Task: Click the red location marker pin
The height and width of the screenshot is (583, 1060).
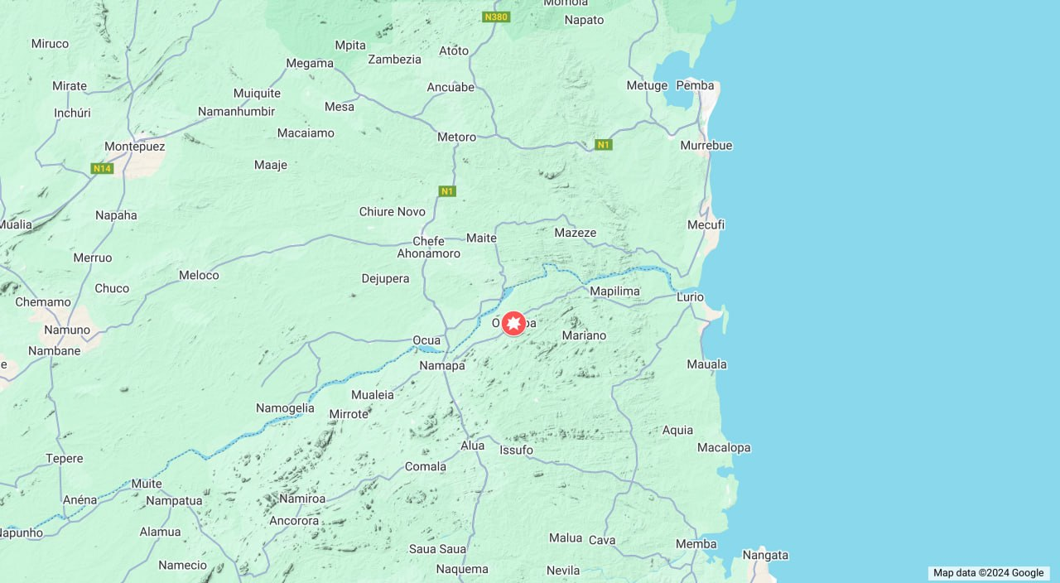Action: (x=513, y=323)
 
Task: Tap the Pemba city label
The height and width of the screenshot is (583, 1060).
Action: (x=695, y=85)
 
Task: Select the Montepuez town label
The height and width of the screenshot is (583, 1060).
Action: (x=134, y=147)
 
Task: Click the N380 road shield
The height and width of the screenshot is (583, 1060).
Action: (x=495, y=17)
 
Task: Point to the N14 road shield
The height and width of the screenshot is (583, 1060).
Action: (x=102, y=168)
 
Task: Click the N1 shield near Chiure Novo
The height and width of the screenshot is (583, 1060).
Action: (x=447, y=191)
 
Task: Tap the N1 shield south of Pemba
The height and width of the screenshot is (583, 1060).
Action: (x=604, y=145)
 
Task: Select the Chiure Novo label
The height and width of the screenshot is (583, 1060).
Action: (x=392, y=212)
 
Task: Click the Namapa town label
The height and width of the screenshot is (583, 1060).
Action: (x=442, y=365)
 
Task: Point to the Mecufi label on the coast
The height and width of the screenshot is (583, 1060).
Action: (x=706, y=224)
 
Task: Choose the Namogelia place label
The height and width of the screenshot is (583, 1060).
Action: (x=285, y=407)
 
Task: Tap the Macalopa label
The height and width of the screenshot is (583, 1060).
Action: (x=723, y=447)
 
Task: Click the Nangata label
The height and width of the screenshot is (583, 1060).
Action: (x=765, y=555)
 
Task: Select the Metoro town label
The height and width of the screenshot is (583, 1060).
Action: (x=456, y=137)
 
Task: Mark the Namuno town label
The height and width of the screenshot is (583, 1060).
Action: (x=67, y=330)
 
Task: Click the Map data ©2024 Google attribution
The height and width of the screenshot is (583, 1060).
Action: (x=988, y=573)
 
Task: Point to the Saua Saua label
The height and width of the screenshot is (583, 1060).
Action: (x=437, y=548)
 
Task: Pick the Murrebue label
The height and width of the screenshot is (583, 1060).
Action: (x=706, y=145)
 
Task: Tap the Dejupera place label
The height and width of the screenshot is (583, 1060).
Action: (x=385, y=278)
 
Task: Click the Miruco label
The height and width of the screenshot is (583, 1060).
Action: (x=50, y=43)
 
